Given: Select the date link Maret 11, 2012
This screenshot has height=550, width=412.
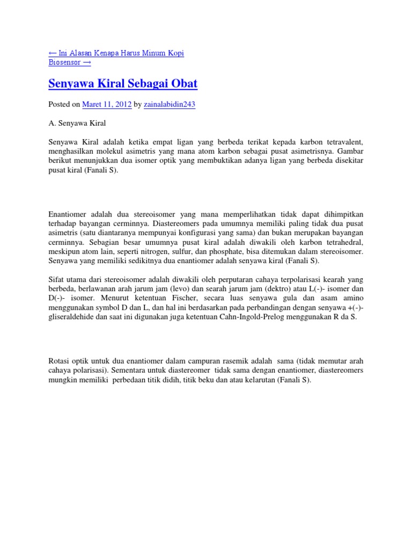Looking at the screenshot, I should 106,105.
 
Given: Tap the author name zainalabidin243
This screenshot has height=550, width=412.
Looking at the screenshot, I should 170,105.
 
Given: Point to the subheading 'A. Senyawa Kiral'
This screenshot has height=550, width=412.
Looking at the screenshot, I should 77,123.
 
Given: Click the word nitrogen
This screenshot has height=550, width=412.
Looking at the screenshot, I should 169,251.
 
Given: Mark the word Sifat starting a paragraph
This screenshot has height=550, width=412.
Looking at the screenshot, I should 56,279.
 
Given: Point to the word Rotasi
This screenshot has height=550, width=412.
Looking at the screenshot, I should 60,361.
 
